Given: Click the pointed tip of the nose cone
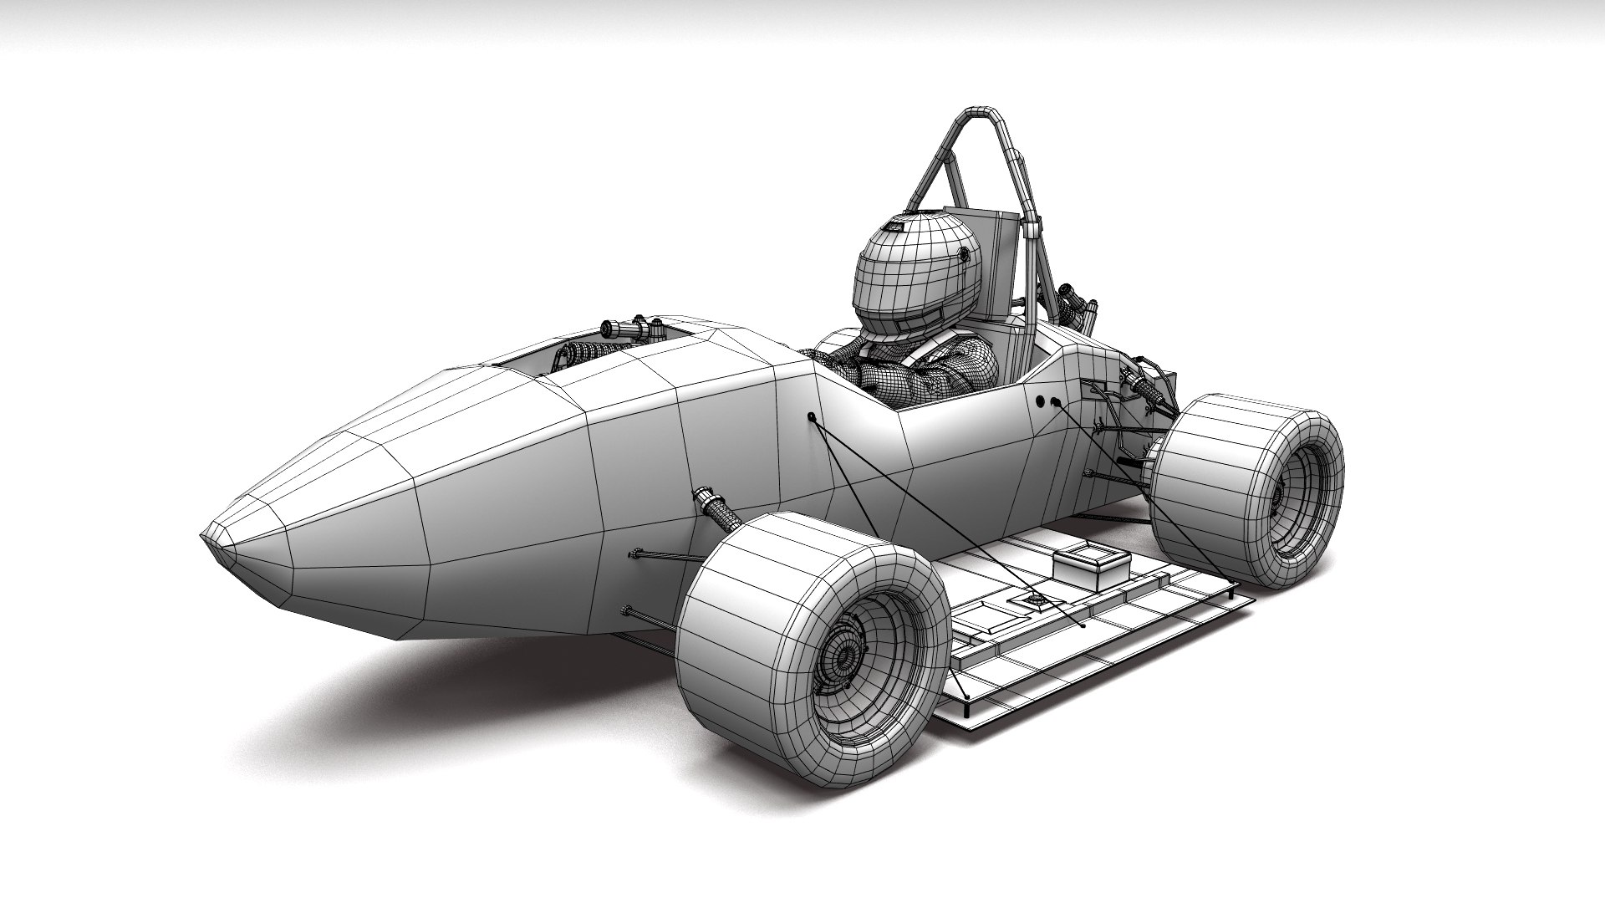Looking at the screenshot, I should click(206, 535).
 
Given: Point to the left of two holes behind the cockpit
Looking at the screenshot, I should click(1042, 402).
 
